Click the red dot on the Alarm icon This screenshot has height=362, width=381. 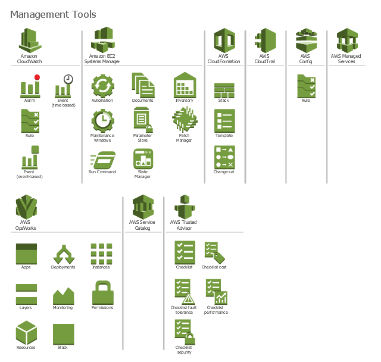37,77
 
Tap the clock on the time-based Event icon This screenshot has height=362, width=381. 68,79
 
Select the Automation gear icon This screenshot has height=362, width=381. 103,86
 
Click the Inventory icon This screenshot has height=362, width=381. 185,85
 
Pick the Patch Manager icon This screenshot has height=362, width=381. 185,120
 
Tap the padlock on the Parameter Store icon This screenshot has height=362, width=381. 149,128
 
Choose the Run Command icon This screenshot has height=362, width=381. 102,160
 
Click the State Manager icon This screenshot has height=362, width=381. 143,159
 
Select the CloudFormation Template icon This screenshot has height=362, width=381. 224,121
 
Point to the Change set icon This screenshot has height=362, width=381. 224,157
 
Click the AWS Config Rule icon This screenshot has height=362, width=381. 307,86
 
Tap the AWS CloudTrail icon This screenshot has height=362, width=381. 266,40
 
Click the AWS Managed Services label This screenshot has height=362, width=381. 346,59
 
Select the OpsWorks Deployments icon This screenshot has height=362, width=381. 64,254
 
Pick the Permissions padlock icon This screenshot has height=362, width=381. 103,292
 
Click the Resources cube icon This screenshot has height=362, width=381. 26,333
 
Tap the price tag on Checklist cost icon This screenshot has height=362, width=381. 220,258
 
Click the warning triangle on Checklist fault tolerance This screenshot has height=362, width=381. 189,298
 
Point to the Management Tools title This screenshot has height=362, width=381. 53,14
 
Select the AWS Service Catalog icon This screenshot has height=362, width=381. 143,207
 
